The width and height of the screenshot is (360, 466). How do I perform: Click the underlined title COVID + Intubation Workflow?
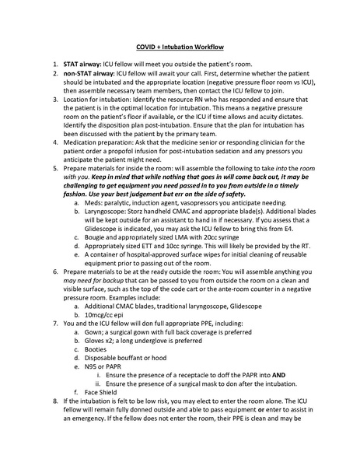179,46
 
